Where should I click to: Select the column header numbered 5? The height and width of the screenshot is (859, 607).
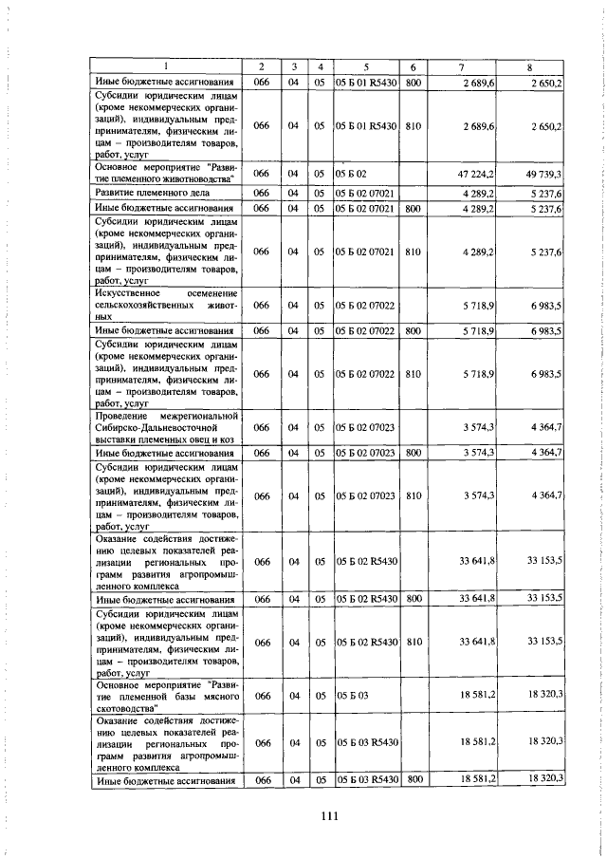pyautogui.click(x=365, y=66)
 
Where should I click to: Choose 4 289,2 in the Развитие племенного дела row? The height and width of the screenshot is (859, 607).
pyautogui.click(x=480, y=193)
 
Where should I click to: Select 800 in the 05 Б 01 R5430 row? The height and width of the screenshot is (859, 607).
pyautogui.click(x=414, y=84)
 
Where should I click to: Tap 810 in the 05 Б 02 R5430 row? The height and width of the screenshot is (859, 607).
pyautogui.click(x=414, y=643)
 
